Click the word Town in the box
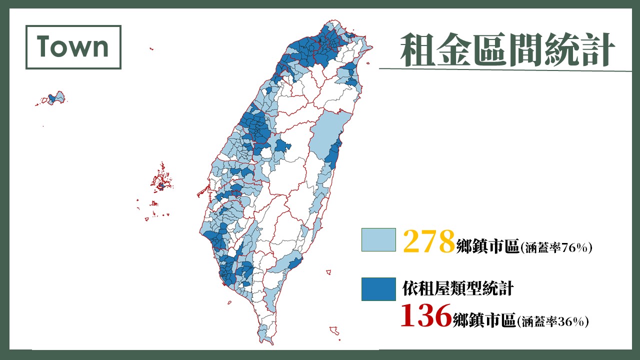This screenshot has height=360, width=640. (x=72, y=47)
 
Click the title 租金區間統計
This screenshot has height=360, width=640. (x=507, y=49)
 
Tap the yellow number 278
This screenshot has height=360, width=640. (x=428, y=241)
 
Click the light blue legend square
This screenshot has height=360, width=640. (x=378, y=240)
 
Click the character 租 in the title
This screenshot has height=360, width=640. (x=417, y=49)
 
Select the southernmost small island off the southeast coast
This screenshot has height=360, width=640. (x=334, y=330)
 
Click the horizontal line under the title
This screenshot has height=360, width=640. (x=505, y=69)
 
